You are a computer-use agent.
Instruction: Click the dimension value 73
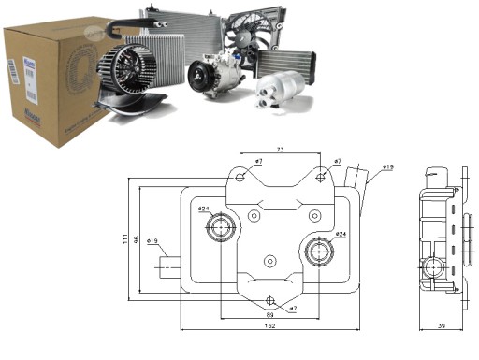click(x=280, y=150)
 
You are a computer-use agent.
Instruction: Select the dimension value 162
click(x=270, y=325)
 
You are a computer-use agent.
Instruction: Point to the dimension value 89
click(x=270, y=315)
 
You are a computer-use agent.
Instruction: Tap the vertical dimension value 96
click(x=137, y=238)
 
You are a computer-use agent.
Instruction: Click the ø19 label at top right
click(x=387, y=168)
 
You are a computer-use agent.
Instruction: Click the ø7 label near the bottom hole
click(x=292, y=308)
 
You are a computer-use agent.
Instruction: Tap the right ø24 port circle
click(x=320, y=250)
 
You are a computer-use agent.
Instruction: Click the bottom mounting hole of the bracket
click(x=271, y=300)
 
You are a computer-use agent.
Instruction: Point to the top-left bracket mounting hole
click(x=240, y=177)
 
